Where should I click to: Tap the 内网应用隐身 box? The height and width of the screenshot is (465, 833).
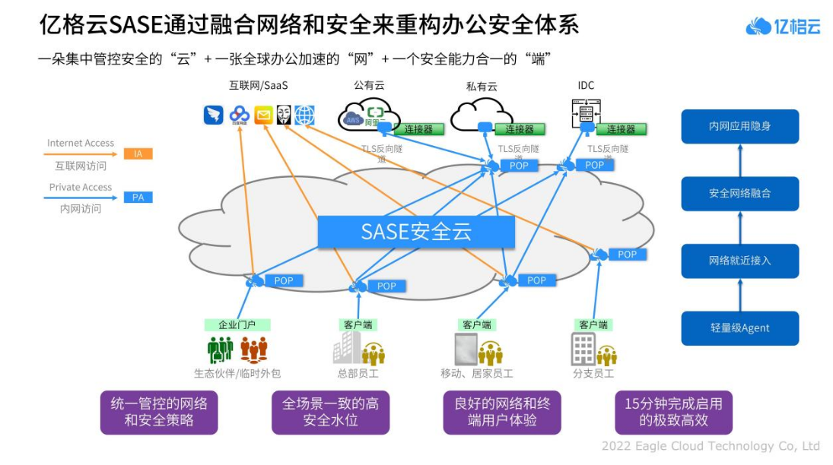point(739,126)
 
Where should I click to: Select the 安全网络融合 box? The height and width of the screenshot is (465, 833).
point(739,194)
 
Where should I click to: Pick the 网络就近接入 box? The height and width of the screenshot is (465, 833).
point(739,261)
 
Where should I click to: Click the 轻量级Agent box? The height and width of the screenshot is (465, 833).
point(739,328)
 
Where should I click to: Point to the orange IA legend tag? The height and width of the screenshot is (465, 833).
point(138,153)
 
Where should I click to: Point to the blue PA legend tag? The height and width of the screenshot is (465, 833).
point(138,198)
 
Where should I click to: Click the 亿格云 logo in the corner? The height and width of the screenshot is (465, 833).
point(783,27)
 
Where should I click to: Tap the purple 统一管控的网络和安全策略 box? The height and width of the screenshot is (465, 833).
point(159,412)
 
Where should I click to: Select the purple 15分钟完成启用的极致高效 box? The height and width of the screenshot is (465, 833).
point(673,412)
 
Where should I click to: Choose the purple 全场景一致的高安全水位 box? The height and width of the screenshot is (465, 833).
point(330,412)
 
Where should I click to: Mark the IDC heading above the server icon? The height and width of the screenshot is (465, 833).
point(586,85)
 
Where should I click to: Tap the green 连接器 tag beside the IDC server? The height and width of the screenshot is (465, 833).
point(621,129)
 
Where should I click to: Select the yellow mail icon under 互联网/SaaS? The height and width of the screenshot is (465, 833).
point(263,115)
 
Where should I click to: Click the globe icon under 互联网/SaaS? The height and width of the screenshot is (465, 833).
point(304,115)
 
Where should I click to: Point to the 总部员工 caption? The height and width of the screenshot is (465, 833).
point(358,374)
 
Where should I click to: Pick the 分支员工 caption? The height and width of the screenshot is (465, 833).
point(593,374)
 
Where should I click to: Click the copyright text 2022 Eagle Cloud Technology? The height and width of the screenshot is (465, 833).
point(710,446)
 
